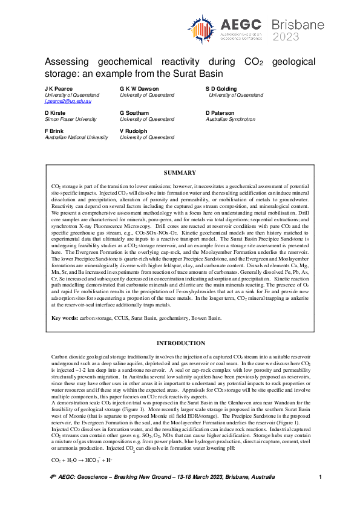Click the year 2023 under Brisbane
tap(286, 36)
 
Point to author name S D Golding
tap(224, 89)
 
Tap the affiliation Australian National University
tap(76, 137)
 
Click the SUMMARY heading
tap(180, 173)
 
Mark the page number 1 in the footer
tap(319, 494)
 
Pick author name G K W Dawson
tap(140, 89)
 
